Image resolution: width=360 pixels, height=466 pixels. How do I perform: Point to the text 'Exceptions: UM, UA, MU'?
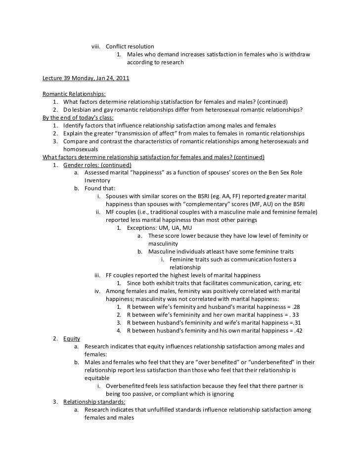click(159, 228)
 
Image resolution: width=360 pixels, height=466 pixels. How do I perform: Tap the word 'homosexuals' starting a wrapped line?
click(81, 149)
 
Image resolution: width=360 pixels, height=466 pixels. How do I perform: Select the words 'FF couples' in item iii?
click(121, 275)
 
